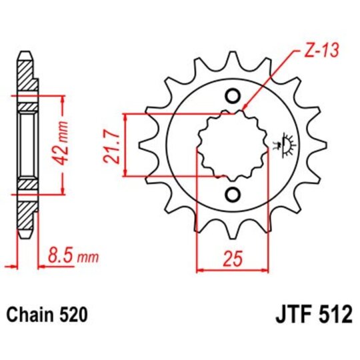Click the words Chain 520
point(47,313)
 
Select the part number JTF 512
point(311,313)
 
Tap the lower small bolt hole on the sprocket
point(232,194)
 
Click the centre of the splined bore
point(232,145)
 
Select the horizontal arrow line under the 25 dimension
point(232,269)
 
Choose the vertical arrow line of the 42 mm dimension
point(63,145)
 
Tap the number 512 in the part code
point(333,313)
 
